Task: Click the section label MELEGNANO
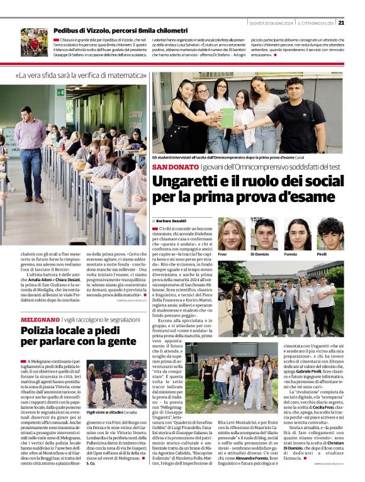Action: click(43, 320)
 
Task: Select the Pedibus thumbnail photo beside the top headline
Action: click(34, 42)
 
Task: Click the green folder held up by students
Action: click(227, 118)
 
